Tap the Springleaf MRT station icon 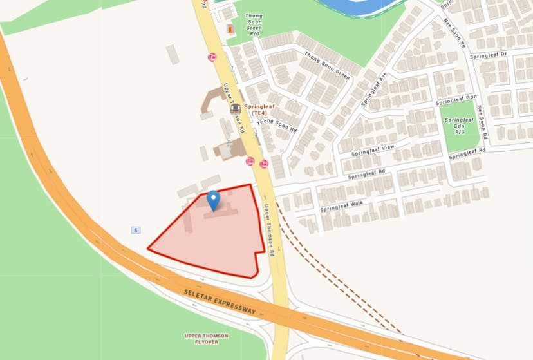[236, 108]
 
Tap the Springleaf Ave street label [373, 89]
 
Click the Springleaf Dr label [489, 55]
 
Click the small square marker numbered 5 [135, 230]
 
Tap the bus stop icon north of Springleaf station [211, 57]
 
